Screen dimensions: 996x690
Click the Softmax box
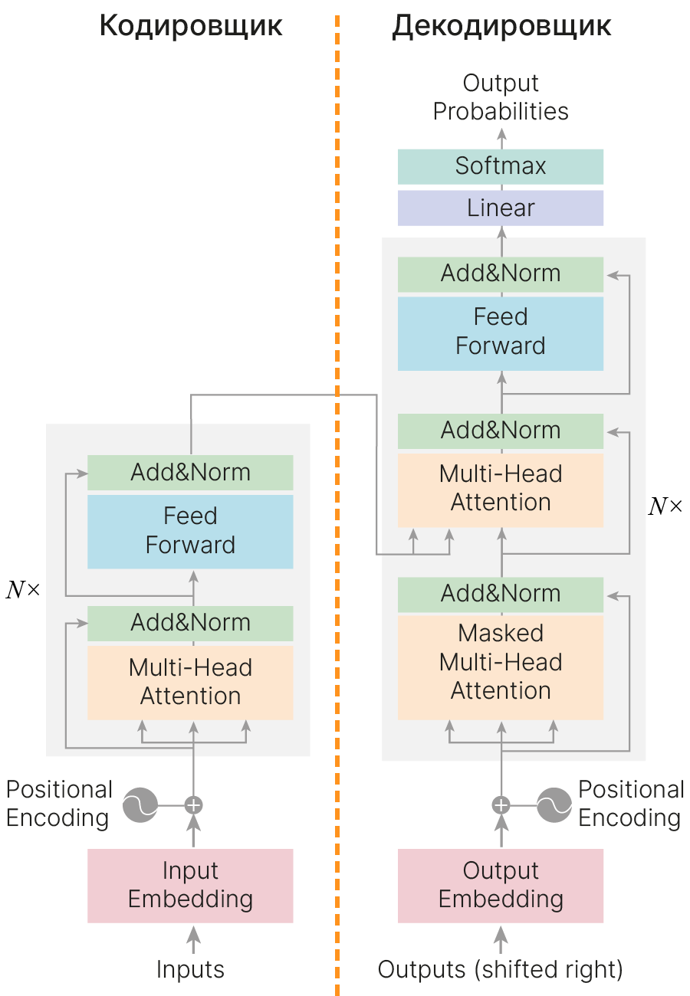(501, 166)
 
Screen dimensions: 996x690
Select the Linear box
(501, 208)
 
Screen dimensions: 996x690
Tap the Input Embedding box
(190, 885)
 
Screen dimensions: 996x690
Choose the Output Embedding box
(501, 885)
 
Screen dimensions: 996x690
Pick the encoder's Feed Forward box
(190, 531)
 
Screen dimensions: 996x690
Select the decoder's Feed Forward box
(501, 333)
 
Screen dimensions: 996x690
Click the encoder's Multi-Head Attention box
(190, 682)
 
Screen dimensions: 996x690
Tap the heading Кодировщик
(191, 27)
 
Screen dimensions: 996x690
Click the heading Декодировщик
(501, 27)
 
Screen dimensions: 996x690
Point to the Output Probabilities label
(501, 97)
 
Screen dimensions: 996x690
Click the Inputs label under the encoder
(190, 970)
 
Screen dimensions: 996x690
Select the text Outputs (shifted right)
(501, 970)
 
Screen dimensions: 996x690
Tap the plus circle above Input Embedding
(193, 805)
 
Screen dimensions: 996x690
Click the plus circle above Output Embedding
(501, 805)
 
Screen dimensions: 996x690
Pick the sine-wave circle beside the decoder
(554, 805)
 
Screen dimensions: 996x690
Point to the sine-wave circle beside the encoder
(140, 805)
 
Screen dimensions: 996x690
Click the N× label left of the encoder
(23, 590)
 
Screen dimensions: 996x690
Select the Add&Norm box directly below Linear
(501, 274)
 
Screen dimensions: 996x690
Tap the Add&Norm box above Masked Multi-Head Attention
(501, 594)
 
